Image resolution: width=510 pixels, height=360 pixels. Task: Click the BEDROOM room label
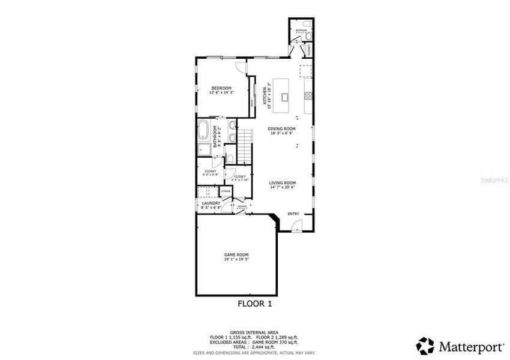pos(220,88)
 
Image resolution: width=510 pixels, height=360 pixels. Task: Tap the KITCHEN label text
pos(264,96)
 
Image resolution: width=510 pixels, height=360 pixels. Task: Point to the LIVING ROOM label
pos(282,183)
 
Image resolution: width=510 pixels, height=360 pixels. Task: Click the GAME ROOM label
pos(236,254)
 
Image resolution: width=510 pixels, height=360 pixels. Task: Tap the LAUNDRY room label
pos(211,203)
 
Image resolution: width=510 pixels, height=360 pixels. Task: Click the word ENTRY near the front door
pos(293,214)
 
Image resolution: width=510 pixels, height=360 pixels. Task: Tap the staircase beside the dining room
pos(244,145)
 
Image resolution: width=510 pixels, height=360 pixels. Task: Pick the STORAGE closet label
pos(226,191)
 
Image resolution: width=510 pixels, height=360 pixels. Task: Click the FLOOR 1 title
pos(255,304)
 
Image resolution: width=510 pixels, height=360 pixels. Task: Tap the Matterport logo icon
pos(425,346)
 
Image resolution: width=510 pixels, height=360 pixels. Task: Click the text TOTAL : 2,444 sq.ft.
pos(255,347)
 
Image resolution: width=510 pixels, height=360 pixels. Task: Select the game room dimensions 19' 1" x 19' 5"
pos(236,259)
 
